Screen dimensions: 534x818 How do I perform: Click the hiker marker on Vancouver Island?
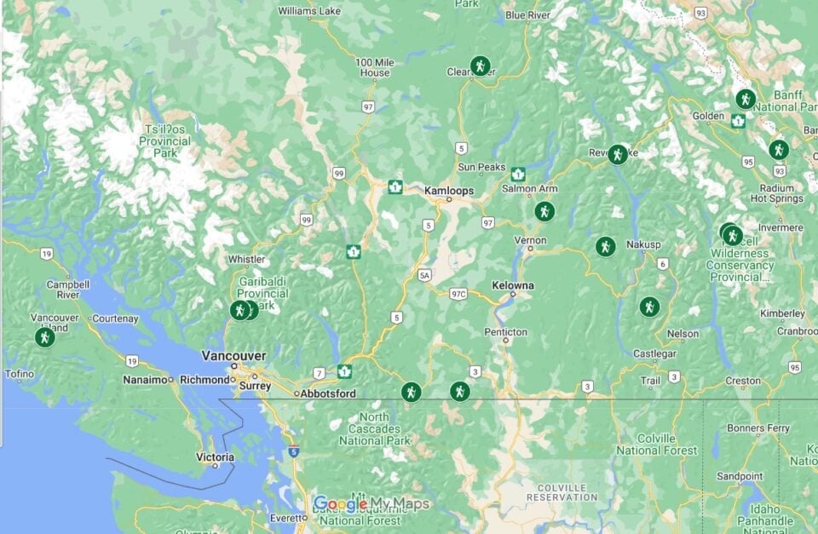click(44, 337)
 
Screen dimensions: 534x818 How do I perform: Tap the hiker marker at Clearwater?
click(481, 66)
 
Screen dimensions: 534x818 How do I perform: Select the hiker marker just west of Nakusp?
click(605, 247)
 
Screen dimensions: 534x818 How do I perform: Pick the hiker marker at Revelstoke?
click(618, 154)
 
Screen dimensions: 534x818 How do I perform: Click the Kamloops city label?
click(449, 191)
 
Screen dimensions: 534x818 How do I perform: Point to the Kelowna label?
click(513, 285)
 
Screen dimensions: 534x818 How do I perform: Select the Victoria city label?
click(215, 456)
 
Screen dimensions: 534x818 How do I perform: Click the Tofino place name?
click(20, 374)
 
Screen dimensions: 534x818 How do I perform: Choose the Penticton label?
click(505, 331)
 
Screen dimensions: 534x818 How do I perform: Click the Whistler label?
click(247, 260)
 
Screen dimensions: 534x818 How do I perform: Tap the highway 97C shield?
click(458, 294)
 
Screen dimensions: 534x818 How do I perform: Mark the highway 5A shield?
click(424, 276)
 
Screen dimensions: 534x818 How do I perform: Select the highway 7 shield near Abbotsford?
click(317, 373)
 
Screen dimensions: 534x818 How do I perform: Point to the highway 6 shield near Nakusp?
click(662, 264)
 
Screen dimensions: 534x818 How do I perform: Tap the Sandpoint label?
click(739, 476)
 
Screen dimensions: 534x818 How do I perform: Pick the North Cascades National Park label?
click(374, 429)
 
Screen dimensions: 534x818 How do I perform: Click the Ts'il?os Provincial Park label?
click(164, 141)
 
